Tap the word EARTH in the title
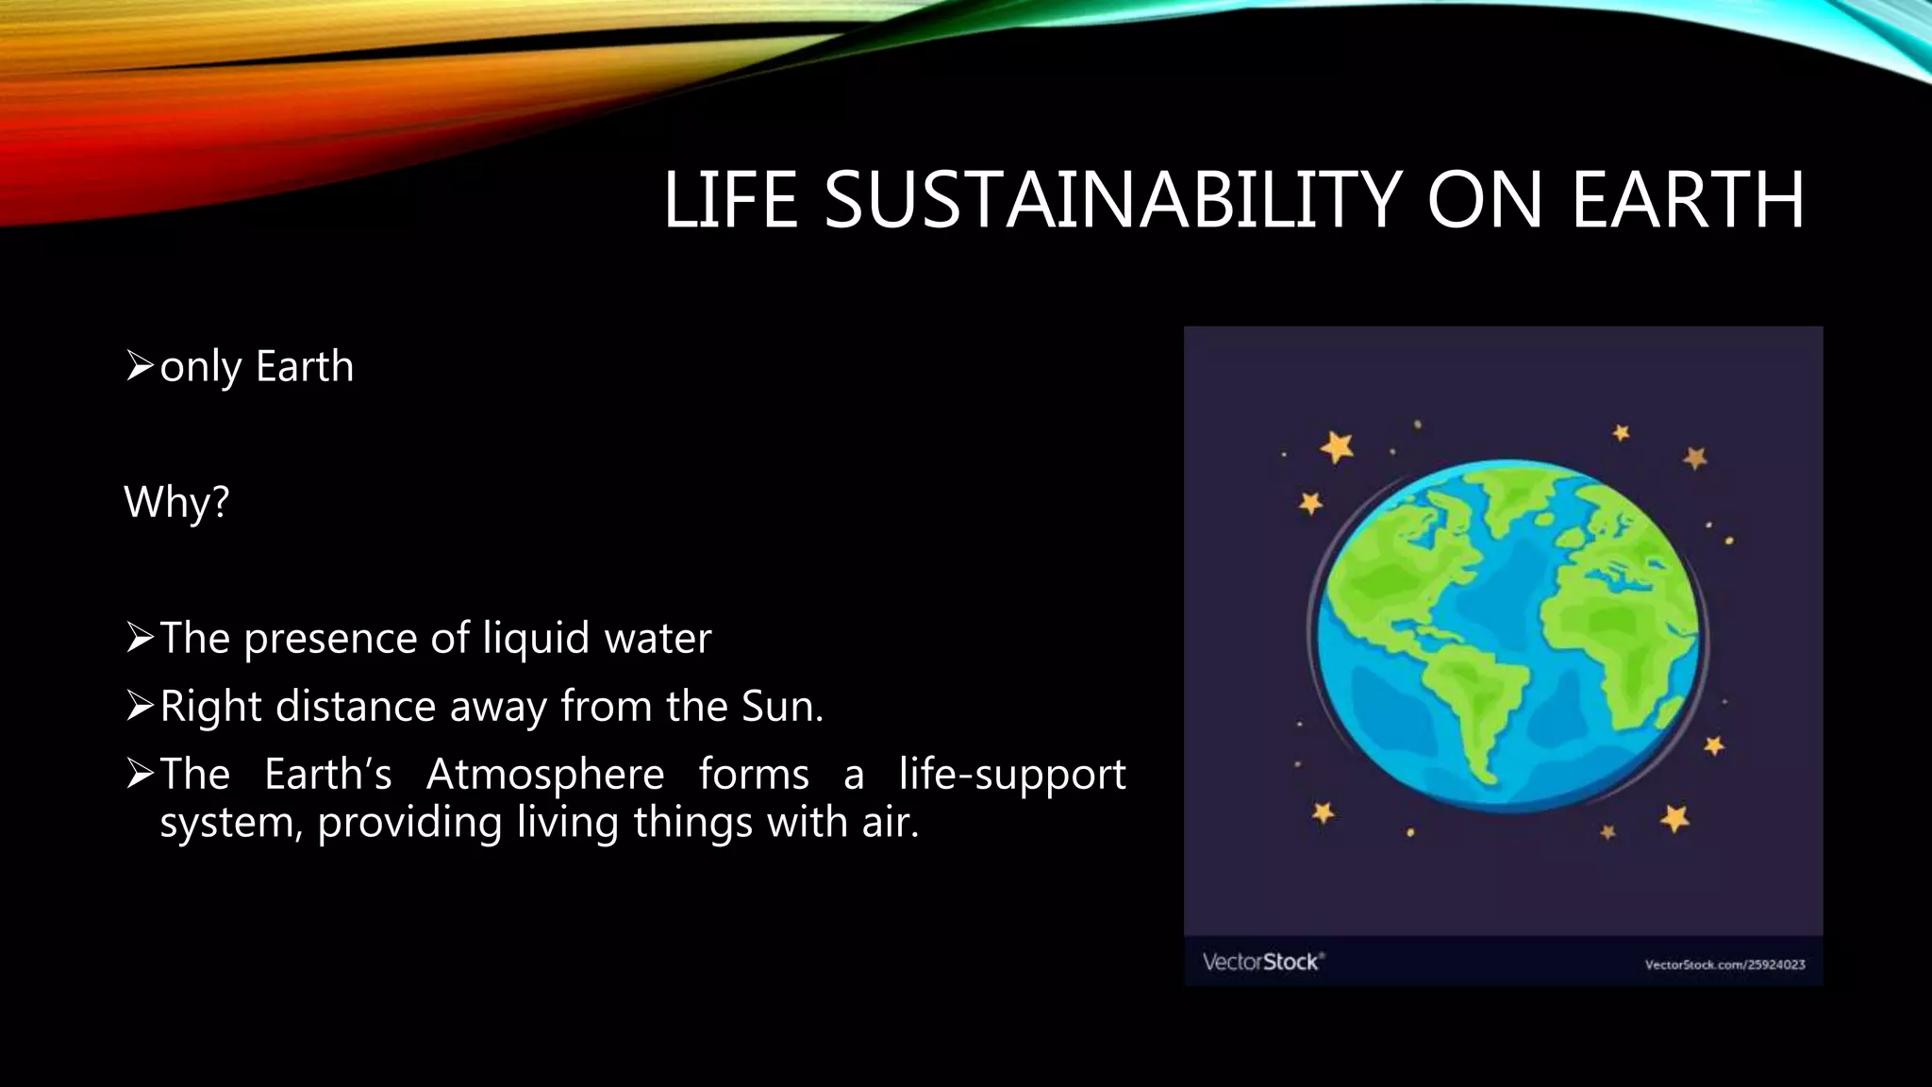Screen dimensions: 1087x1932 1687,200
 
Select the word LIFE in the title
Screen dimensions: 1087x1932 730,200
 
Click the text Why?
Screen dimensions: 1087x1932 176,501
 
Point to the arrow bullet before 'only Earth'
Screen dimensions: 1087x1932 139,365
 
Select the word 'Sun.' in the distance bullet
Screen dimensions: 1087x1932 782,706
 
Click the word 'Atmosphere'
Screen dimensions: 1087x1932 545,774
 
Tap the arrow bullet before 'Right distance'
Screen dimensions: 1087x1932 139,706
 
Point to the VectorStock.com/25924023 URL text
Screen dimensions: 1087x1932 1724,964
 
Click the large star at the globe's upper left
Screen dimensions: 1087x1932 1337,446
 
